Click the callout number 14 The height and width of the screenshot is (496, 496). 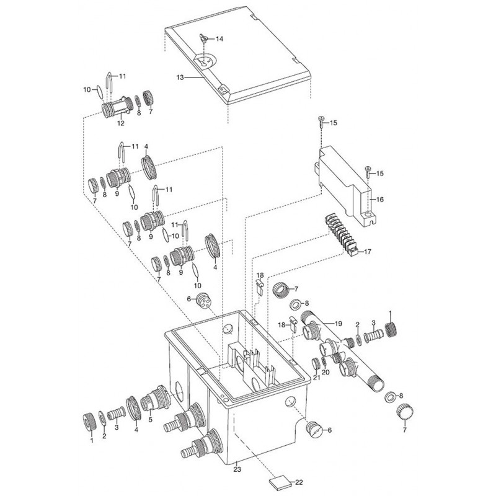coord(219,38)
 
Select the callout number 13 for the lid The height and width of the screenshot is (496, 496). coord(180,77)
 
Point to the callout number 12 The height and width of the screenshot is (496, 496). coord(121,123)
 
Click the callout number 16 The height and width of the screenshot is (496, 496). coord(380,199)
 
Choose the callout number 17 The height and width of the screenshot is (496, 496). coord(368,252)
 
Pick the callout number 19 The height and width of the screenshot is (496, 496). coord(339,323)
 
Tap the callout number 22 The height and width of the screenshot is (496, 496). coord(299,482)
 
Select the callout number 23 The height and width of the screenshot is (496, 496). coord(237,469)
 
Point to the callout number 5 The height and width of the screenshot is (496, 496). coord(150,420)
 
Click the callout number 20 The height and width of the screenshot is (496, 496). coord(325,372)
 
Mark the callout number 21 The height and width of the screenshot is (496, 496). coord(317,377)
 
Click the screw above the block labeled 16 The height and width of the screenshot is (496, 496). coord(321,122)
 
